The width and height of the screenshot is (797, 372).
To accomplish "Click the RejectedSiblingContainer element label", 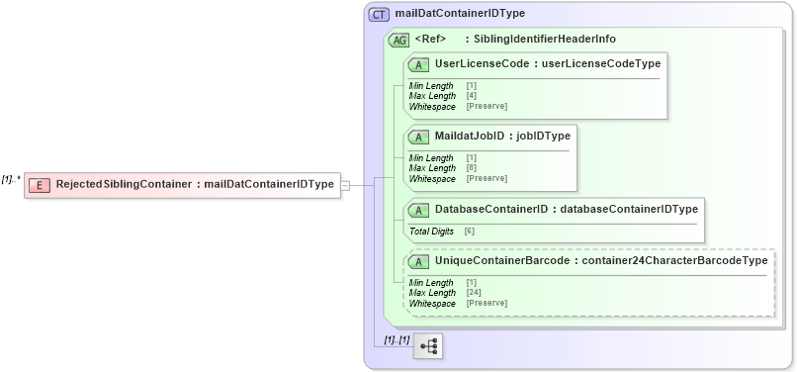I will point(124,185).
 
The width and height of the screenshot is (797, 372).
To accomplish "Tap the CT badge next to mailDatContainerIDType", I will point(380,14).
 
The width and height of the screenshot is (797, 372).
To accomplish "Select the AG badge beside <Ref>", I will point(399,40).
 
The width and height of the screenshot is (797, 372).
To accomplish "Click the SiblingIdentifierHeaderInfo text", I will point(545,40).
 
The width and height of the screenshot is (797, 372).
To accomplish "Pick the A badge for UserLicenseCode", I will point(418,64).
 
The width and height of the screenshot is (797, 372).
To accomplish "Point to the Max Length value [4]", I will point(472,96).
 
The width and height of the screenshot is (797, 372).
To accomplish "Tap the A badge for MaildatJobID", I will point(418,137).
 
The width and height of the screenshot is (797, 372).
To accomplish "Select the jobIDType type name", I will point(542,137).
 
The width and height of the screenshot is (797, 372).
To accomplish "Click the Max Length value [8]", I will point(472,168).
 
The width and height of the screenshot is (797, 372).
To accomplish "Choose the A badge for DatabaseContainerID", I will point(418,210).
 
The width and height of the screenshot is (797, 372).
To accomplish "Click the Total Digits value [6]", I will point(470,232).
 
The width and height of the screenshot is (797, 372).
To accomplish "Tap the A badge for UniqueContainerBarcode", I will point(418,261).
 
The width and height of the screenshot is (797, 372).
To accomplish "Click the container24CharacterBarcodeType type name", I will point(675,261).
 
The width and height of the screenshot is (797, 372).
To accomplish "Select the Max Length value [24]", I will point(474,293).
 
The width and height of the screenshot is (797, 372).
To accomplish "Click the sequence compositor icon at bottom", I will point(429,346).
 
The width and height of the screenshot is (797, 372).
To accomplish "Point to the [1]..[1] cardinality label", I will point(398,339).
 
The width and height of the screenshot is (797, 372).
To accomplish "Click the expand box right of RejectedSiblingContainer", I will point(345,185).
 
